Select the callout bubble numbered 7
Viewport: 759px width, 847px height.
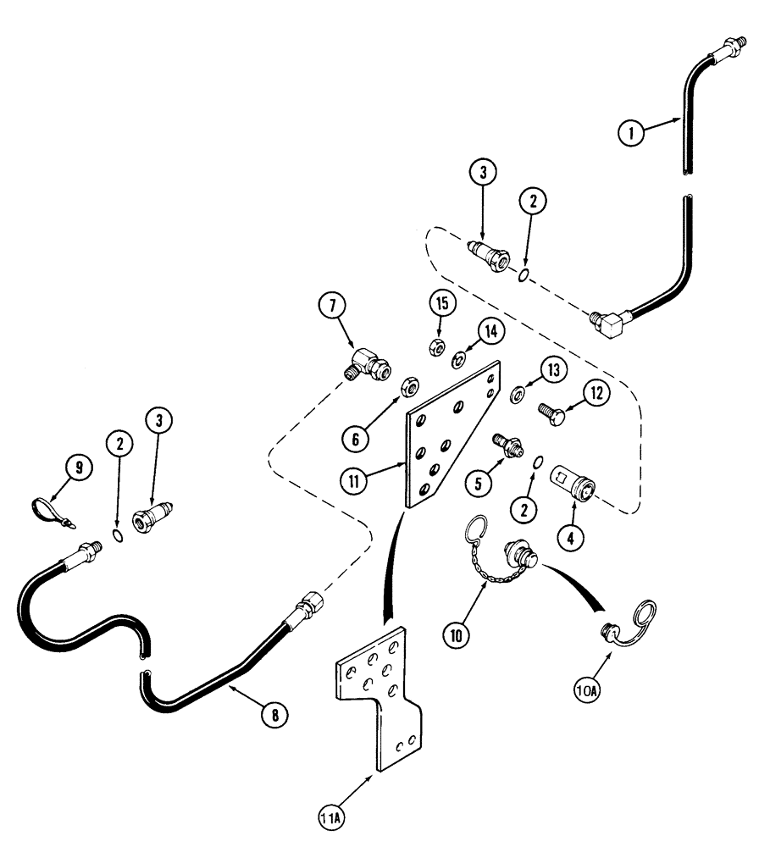tap(332, 306)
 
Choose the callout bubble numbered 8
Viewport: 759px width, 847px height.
tap(274, 714)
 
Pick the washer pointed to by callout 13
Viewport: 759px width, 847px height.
tap(518, 392)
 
